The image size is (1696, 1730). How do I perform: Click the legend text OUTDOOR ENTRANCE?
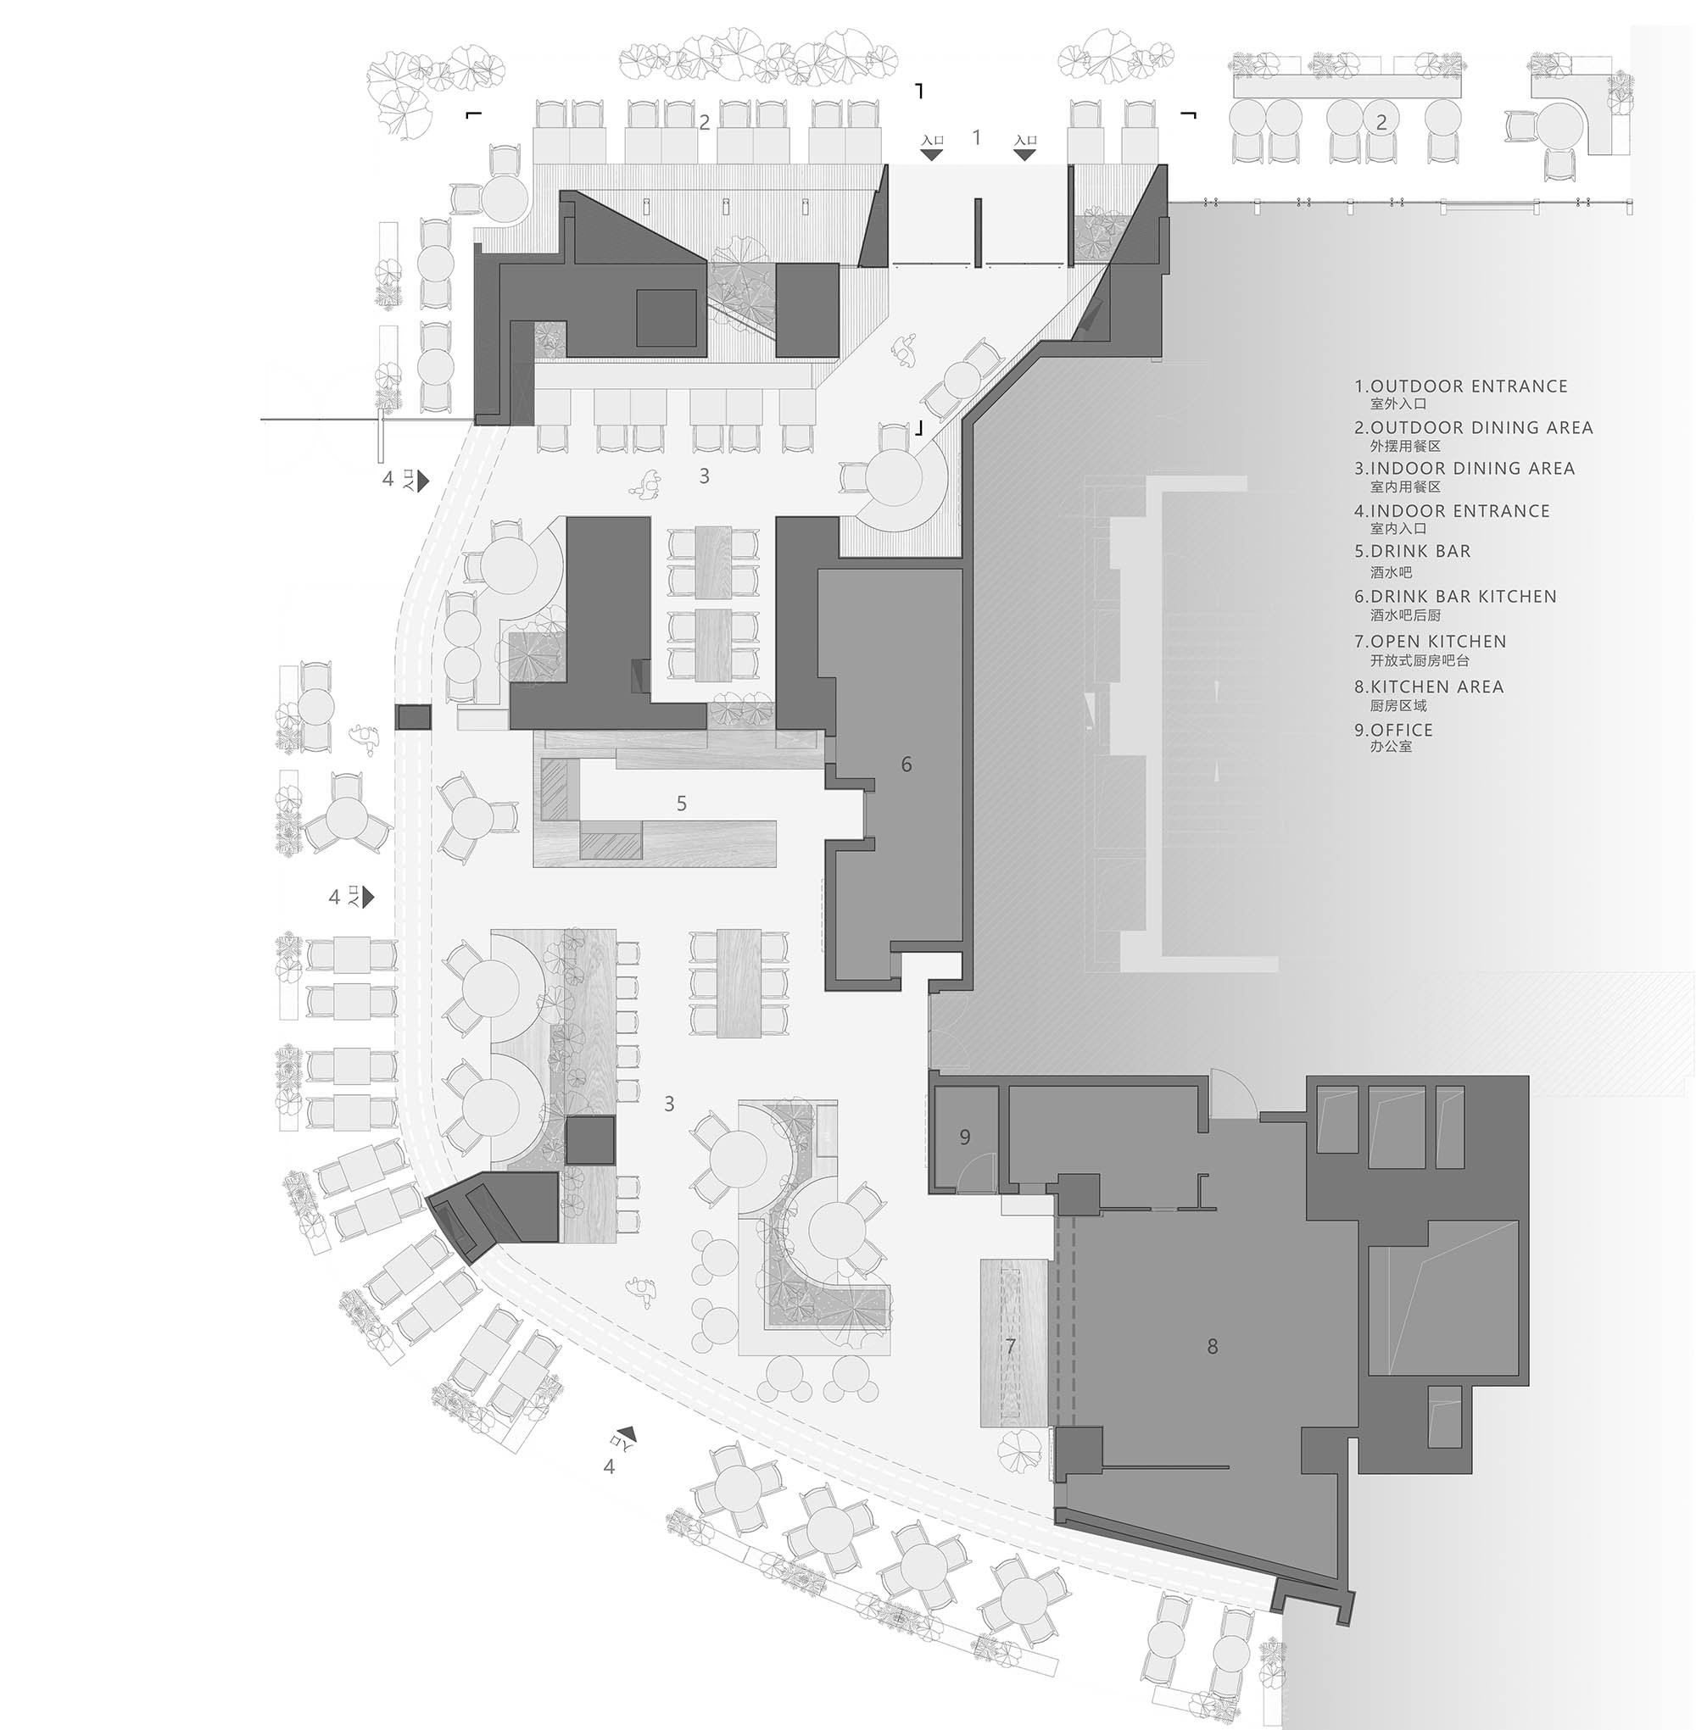tap(1468, 387)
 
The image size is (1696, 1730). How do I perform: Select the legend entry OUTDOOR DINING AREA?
tap(1481, 427)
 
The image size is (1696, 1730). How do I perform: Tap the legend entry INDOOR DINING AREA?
tap(1471, 469)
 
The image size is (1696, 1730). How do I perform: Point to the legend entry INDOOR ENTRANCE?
tap(1459, 511)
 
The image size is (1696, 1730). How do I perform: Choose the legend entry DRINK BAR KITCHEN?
tap(1463, 597)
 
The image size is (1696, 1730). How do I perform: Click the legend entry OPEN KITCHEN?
tap(1437, 641)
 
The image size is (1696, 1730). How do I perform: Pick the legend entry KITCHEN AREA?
tap(1436, 687)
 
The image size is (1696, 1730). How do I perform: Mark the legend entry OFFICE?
tap(1401, 730)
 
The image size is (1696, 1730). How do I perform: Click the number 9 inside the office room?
tap(965, 1137)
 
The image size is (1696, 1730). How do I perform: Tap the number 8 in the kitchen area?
tap(1213, 1347)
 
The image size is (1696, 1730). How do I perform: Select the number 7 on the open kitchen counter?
tap(1010, 1346)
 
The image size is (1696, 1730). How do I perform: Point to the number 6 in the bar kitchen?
tap(907, 764)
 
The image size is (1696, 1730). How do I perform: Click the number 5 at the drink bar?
tap(682, 804)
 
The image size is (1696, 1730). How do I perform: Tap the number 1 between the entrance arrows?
tap(977, 137)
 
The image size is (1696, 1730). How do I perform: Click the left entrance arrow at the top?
tap(932, 154)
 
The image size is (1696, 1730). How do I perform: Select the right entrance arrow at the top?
tap(1025, 154)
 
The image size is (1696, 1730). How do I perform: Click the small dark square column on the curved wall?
tap(413, 717)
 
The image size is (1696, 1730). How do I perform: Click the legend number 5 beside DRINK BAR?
tap(1359, 552)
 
